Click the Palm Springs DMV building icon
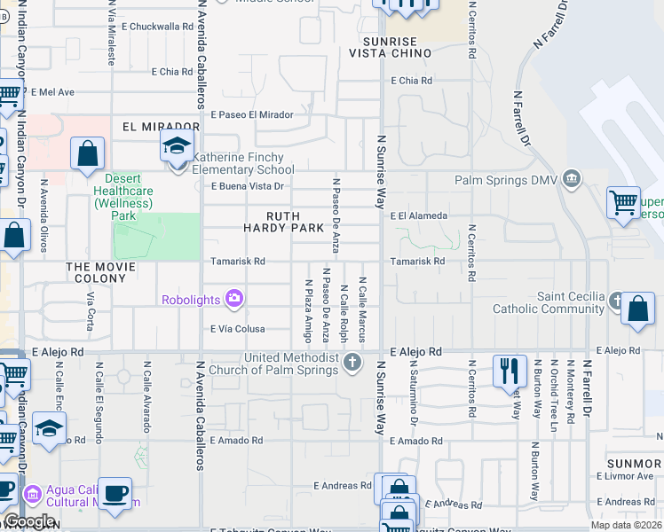click(x=572, y=180)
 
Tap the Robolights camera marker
click(x=234, y=300)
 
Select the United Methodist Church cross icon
click(x=353, y=362)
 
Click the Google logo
click(x=28, y=521)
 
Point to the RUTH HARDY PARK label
click(x=284, y=222)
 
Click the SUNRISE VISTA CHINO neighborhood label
click(x=396, y=48)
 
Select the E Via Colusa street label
click(x=238, y=329)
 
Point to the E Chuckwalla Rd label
click(x=158, y=27)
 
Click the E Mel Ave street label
click(x=53, y=91)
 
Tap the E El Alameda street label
click(x=417, y=215)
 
